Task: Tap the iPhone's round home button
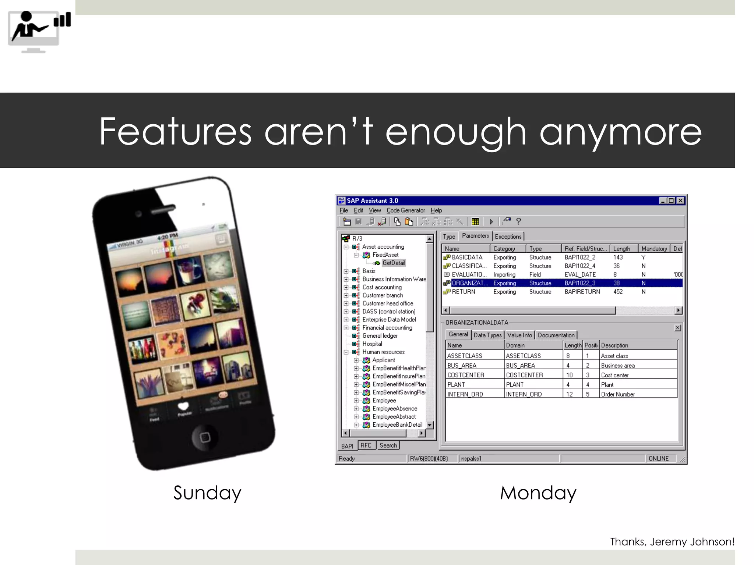point(205,437)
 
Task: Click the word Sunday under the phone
point(207,493)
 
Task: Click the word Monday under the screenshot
point(538,493)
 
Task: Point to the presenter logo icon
point(39,32)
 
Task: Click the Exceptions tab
point(508,237)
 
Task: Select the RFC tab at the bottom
point(366,445)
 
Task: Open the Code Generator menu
point(405,210)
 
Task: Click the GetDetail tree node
point(394,263)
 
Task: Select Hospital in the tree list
point(372,344)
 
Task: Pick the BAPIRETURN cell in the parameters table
point(582,292)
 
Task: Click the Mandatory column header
point(654,249)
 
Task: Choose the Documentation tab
point(556,335)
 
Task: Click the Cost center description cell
point(614,375)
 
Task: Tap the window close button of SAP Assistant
point(680,200)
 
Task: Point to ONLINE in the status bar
point(658,459)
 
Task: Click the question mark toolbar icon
point(518,221)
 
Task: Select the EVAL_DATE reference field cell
point(580,274)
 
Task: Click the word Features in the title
point(175,132)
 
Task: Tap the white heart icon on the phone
point(183,406)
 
